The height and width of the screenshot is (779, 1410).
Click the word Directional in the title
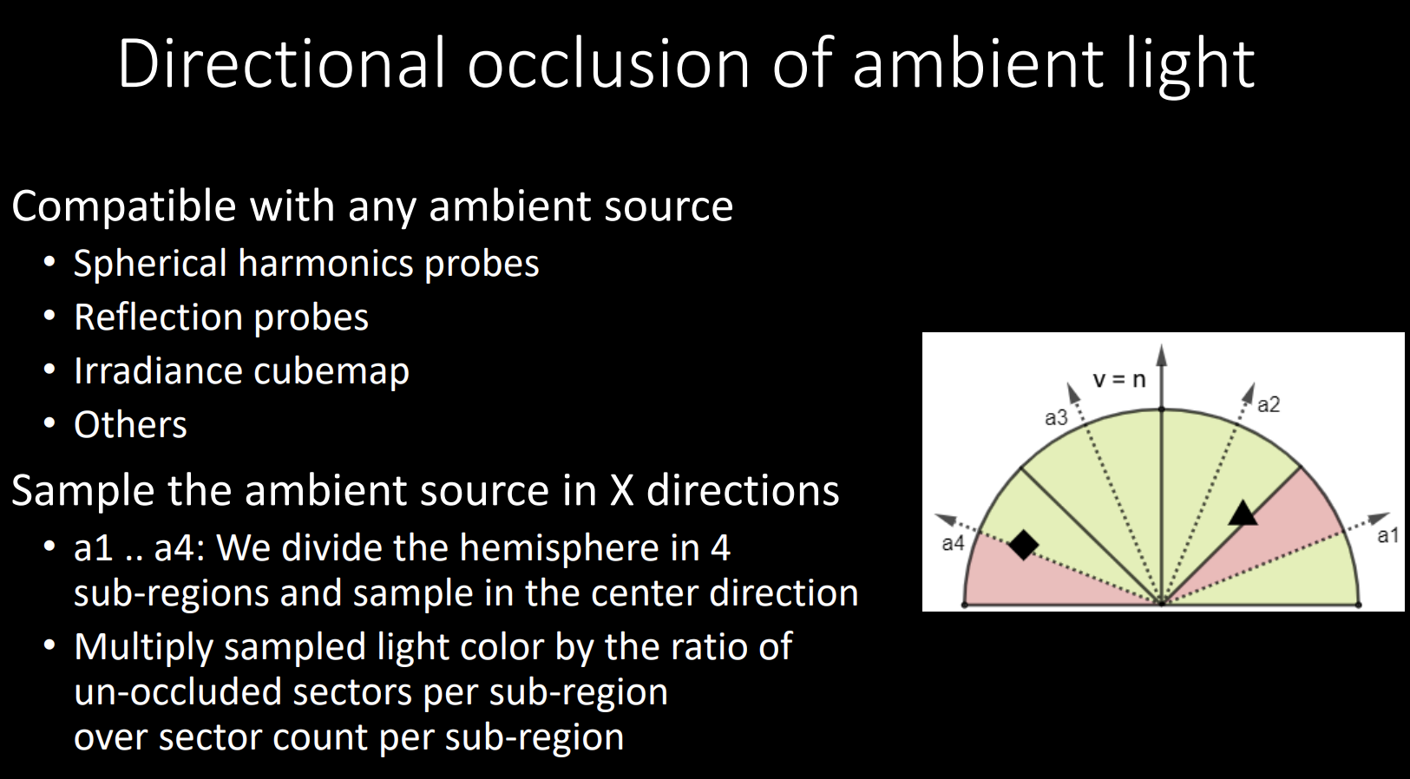(x=281, y=63)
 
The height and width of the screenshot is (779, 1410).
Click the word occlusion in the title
(x=608, y=63)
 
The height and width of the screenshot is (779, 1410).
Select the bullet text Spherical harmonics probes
(x=306, y=263)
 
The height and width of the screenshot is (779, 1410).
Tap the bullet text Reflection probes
(x=221, y=317)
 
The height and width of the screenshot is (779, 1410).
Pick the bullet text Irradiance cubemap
(x=242, y=370)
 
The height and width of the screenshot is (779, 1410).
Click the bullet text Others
(x=130, y=425)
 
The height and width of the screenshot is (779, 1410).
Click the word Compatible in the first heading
(x=123, y=206)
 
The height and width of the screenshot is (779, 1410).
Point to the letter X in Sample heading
(x=621, y=490)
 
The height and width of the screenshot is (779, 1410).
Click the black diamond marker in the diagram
(x=1023, y=544)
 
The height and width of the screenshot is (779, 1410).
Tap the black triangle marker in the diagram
(x=1243, y=514)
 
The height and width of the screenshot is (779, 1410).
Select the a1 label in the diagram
(x=1387, y=535)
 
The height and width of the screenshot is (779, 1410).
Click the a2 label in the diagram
(x=1269, y=404)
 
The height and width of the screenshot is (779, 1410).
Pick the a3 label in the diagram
(x=1056, y=418)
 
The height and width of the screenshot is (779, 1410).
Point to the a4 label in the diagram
(x=953, y=543)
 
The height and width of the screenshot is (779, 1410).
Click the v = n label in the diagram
(x=1119, y=379)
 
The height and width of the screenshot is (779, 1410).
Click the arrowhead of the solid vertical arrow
(x=1162, y=354)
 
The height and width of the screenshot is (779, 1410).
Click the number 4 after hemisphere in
(x=721, y=547)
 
